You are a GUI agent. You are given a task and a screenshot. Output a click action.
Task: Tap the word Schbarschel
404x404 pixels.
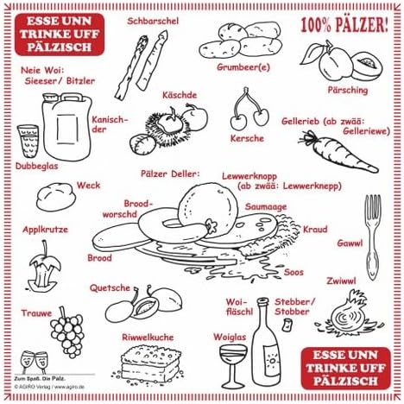click(x=152, y=21)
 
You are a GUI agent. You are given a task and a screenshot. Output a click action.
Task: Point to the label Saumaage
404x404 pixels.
click(x=265, y=207)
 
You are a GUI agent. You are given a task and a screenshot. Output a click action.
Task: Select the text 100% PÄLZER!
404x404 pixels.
click(x=344, y=24)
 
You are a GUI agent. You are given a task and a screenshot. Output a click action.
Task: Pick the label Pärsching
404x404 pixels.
click(x=348, y=90)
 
